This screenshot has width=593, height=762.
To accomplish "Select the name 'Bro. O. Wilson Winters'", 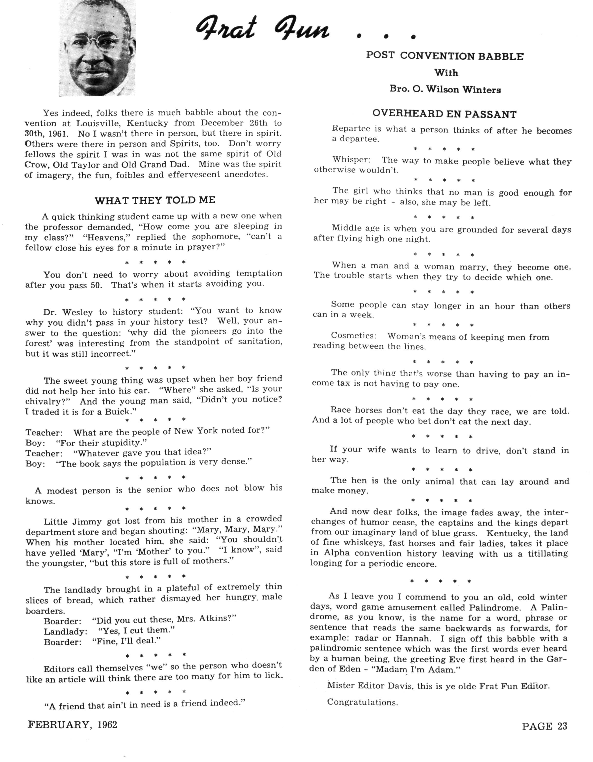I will [445, 89].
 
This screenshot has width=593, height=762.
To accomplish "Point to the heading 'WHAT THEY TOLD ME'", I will [155, 200].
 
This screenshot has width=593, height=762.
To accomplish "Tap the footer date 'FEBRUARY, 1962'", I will [73, 725].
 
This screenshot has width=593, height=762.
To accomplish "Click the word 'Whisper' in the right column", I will [351, 160].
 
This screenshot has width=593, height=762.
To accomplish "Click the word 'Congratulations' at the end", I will [362, 702].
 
